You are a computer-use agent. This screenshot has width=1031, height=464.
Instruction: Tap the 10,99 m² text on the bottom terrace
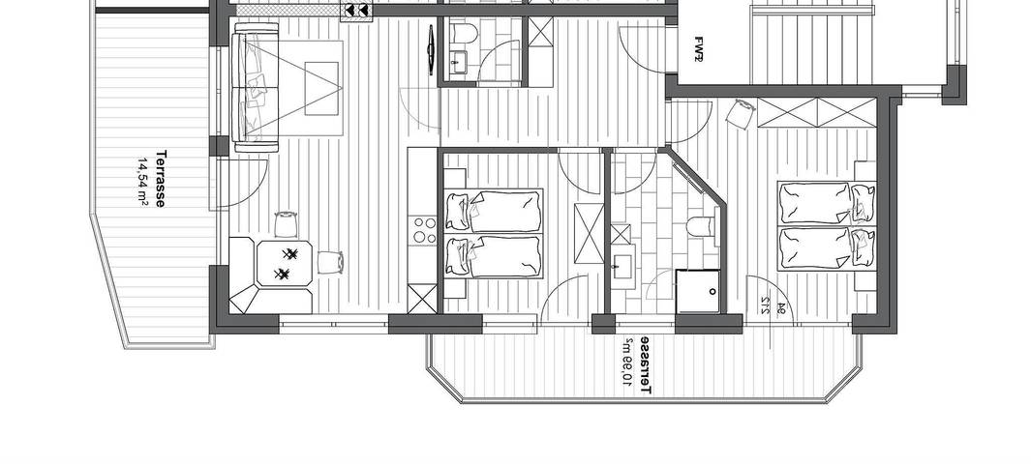[627, 365]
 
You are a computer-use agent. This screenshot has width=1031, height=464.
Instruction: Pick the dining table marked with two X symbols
[286, 263]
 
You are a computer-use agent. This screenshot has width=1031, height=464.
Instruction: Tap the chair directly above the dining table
[286, 224]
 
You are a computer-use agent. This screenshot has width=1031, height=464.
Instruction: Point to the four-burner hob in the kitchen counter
[424, 230]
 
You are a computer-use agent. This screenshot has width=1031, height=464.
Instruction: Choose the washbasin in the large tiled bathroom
[621, 262]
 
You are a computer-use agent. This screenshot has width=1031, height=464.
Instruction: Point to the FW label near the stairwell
[698, 48]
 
